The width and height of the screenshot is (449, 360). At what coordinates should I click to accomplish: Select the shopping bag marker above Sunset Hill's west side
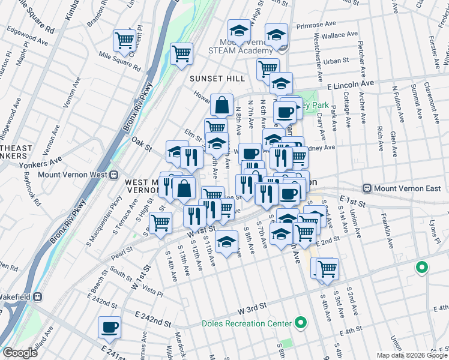222,105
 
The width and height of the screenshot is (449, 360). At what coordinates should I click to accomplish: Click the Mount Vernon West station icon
113,175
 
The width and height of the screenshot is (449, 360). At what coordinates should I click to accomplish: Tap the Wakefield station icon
37,296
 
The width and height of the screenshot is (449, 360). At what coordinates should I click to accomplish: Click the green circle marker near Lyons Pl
422,268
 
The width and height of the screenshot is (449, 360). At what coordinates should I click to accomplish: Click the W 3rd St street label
252,311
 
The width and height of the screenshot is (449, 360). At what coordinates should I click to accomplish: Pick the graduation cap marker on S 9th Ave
226,242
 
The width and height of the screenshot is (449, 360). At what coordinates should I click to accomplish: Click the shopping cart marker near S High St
161,223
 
